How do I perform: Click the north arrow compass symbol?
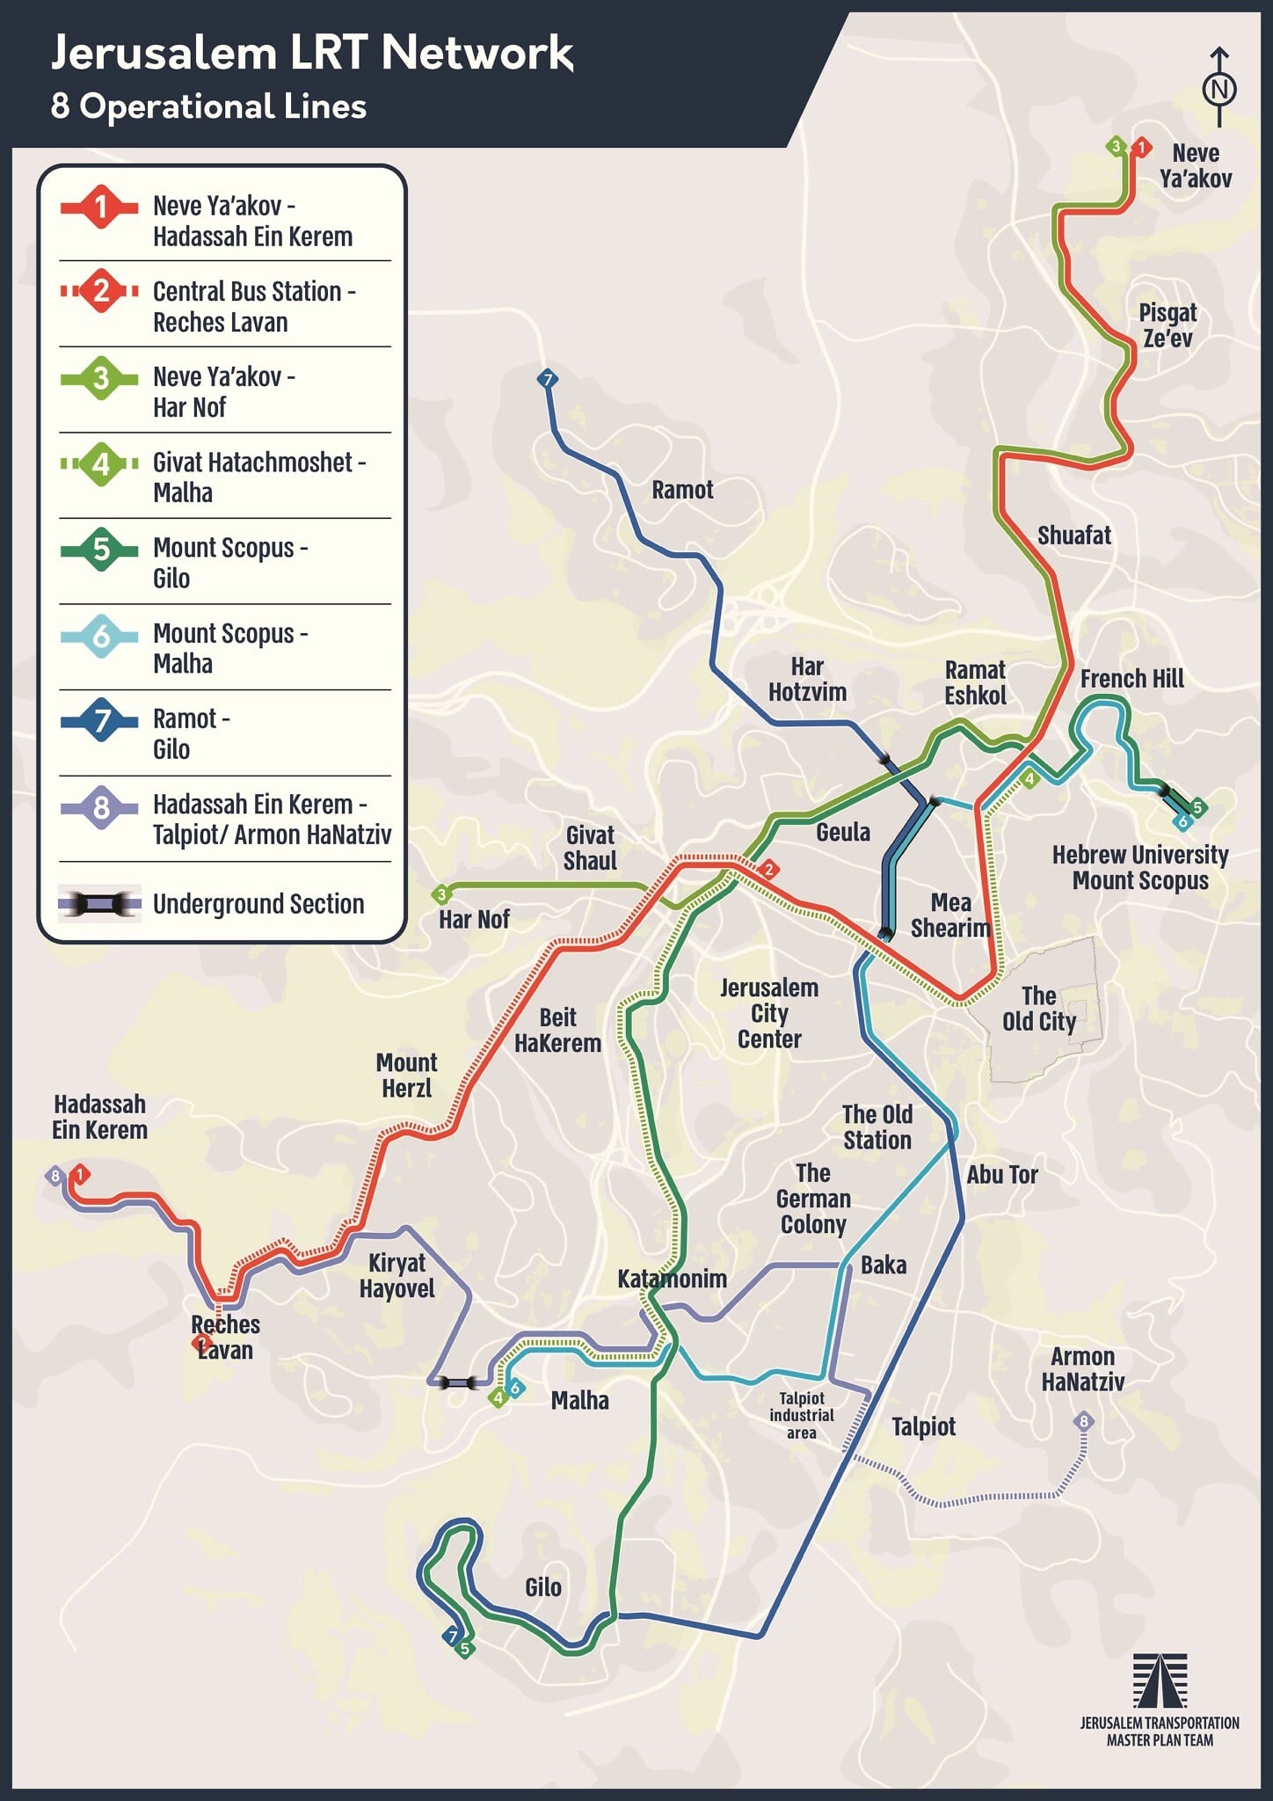tap(1219, 87)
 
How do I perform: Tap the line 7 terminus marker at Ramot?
tap(548, 379)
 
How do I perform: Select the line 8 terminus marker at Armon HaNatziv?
tap(1084, 1421)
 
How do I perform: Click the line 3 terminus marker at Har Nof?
tap(441, 894)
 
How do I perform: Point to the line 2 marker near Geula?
tap(768, 870)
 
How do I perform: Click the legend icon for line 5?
tap(101, 550)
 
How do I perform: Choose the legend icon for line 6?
tap(101, 635)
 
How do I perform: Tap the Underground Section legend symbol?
tap(100, 903)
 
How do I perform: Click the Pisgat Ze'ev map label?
tap(1168, 325)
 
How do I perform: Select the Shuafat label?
tap(1073, 535)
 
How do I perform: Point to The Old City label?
tap(1039, 1009)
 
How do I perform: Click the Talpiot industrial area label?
tap(801, 1415)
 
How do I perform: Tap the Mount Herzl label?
tap(406, 1075)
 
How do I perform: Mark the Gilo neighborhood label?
tap(542, 1587)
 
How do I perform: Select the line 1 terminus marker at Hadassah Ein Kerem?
tap(81, 1174)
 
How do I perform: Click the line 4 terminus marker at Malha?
tap(498, 1397)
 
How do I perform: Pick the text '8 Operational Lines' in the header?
tap(208, 106)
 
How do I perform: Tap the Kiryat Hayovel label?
tap(396, 1275)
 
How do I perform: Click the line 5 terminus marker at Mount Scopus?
tap(1197, 807)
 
